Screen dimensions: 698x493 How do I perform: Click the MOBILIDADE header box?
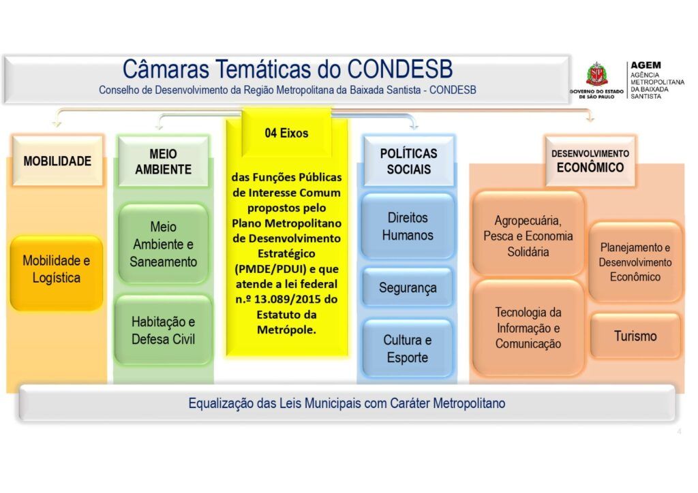point(57,161)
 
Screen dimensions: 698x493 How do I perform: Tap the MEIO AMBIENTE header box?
point(163,161)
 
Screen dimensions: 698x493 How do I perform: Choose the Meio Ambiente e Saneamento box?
point(164,244)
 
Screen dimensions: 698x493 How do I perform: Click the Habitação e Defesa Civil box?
point(164,330)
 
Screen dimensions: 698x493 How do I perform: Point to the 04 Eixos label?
point(286,133)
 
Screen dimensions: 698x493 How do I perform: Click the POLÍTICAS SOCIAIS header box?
point(409,161)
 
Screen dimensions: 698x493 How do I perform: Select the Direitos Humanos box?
point(408,226)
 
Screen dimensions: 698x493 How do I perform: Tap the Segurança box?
point(408,287)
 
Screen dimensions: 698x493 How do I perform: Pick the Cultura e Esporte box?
point(408,349)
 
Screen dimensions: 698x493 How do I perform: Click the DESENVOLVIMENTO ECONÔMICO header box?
point(590,161)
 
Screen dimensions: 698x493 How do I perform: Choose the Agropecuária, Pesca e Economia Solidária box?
point(528,236)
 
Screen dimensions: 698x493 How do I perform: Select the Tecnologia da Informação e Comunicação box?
point(528,328)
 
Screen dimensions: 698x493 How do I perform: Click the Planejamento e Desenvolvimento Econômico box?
point(635,262)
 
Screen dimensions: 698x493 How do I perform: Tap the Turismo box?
point(635,336)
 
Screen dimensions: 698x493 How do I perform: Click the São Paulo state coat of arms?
point(596,74)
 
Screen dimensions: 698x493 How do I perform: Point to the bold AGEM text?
point(646,65)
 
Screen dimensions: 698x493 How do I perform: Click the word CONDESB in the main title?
point(399,69)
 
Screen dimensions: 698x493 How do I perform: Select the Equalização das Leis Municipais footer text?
point(347,403)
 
